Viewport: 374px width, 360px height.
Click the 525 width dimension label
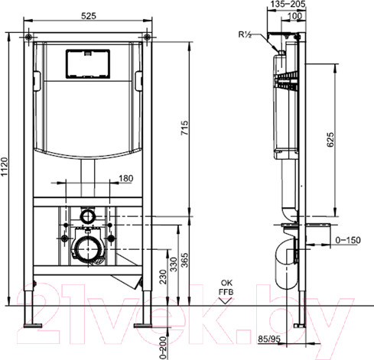pos(89,16)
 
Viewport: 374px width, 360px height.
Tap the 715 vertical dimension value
pos(185,128)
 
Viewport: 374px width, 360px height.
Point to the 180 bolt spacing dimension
pos(126,178)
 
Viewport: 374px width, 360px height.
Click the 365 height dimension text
pos(185,260)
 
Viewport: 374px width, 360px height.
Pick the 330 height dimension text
pos(174,264)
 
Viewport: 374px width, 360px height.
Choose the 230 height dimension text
pos(163,277)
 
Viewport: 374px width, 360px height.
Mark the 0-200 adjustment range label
pos(163,348)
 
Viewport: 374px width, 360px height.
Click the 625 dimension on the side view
pos(330,140)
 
